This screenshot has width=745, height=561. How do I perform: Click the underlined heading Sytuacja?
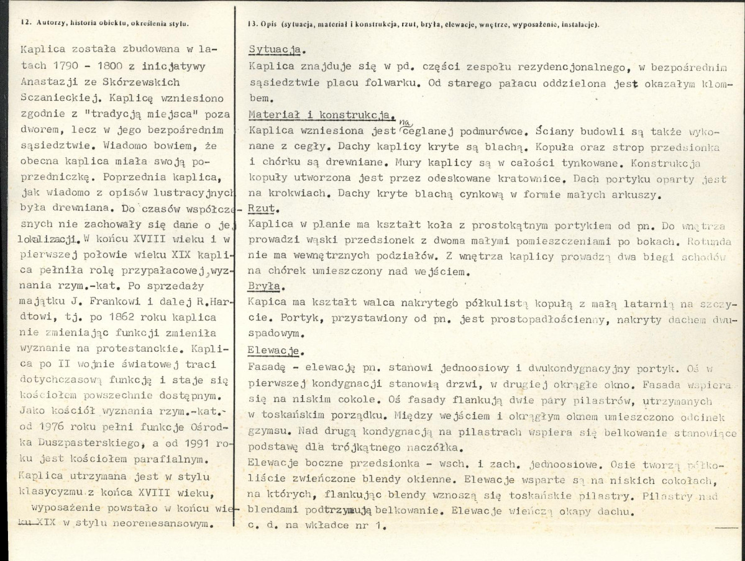(x=276, y=50)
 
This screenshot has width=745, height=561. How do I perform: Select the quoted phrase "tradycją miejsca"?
(x=124, y=112)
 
